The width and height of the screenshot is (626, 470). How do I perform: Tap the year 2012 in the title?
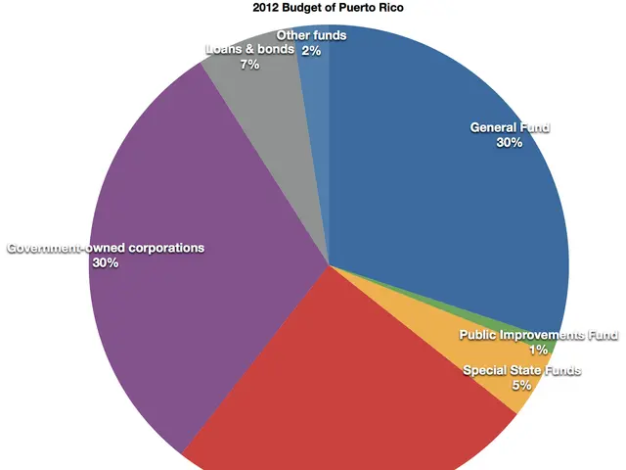(x=267, y=9)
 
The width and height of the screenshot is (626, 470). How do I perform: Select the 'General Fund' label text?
(x=510, y=127)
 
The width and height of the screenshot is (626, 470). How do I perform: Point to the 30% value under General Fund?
(x=510, y=143)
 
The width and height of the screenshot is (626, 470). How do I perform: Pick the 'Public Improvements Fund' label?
(x=539, y=336)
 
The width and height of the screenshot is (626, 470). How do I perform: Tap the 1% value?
(x=539, y=351)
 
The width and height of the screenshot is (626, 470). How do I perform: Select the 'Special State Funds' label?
(x=522, y=371)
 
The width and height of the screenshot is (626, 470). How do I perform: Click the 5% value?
(x=522, y=386)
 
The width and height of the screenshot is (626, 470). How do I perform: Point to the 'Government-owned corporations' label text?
(x=106, y=249)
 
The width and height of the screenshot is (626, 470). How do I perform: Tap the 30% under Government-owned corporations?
(x=106, y=263)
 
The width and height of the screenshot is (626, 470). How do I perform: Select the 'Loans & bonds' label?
(x=250, y=49)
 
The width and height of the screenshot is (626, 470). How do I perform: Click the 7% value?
(x=250, y=65)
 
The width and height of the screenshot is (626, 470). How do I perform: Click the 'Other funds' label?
(x=314, y=35)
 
